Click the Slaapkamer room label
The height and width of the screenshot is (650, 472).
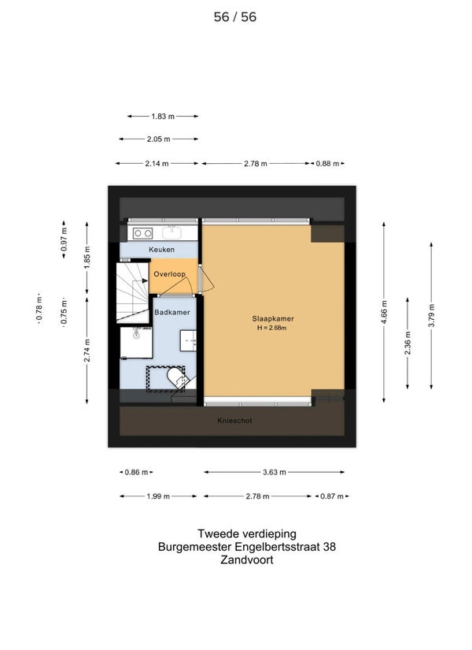(x=273, y=319)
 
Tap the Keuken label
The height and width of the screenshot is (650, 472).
(x=161, y=250)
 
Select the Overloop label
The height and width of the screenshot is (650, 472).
(x=169, y=274)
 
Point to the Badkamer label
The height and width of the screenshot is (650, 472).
(x=171, y=312)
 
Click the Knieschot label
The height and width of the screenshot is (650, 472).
(x=234, y=421)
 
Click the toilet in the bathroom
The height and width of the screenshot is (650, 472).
(x=177, y=378)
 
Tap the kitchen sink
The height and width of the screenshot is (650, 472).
(x=171, y=233)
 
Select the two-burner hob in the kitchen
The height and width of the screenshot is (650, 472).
(x=142, y=233)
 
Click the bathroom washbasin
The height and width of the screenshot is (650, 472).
(x=188, y=340)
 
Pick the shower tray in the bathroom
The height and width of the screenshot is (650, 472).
(x=136, y=343)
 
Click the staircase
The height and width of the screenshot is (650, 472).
(x=132, y=292)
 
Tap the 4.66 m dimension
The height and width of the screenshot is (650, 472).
(x=384, y=313)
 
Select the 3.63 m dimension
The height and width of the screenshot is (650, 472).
(x=274, y=472)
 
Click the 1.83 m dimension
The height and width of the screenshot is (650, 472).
(x=163, y=117)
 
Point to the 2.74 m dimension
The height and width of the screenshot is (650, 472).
(x=87, y=351)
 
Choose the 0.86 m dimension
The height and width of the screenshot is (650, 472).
(x=136, y=472)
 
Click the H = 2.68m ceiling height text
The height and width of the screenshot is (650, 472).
(x=272, y=328)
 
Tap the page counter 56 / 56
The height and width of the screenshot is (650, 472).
(x=235, y=17)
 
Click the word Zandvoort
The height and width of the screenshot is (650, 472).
(x=247, y=560)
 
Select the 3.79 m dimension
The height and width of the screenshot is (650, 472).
(x=431, y=315)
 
